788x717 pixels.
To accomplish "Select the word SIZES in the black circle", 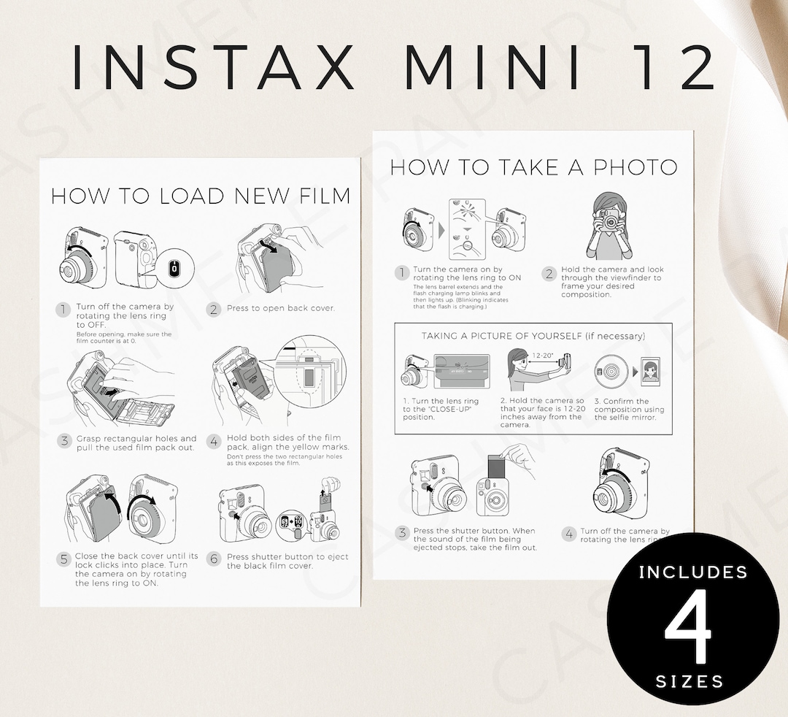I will tap(689, 682).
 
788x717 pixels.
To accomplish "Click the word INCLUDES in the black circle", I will tap(693, 572).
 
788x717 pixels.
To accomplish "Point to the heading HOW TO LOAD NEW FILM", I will tap(200, 196).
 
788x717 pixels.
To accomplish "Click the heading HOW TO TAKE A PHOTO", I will tap(533, 167).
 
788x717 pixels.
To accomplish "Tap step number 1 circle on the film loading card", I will tap(63, 310).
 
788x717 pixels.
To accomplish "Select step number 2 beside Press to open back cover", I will tap(213, 309).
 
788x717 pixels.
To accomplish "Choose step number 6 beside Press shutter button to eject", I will tap(213, 558).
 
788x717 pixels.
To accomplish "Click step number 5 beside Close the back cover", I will tap(63, 559).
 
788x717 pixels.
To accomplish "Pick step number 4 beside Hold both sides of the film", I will tap(213, 441).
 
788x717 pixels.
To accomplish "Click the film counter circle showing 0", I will tap(174, 269).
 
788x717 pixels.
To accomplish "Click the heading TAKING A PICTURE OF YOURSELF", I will tap(533, 336).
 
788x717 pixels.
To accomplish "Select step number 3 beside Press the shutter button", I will tap(402, 533).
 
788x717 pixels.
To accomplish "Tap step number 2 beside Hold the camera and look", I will tap(549, 274).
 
